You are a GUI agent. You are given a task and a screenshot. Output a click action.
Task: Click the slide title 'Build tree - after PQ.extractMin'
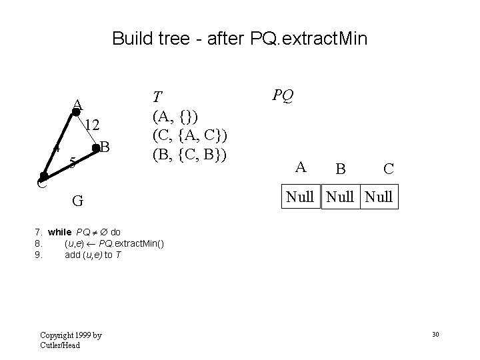coord(239,38)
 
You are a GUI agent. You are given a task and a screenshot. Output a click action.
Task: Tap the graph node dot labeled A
coord(76,112)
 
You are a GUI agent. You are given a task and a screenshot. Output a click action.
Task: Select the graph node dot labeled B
coord(97,149)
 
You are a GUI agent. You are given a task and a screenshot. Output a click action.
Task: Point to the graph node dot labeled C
coord(43,177)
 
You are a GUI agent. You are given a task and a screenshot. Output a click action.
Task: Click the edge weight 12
coord(93,125)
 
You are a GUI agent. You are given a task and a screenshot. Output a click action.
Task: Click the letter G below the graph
coord(78,201)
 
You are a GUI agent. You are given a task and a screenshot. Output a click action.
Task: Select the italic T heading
coord(158,96)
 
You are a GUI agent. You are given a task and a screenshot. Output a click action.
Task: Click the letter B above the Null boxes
coord(340,169)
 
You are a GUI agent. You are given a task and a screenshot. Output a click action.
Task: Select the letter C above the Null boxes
coord(387,169)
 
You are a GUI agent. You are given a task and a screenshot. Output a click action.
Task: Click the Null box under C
coord(378,197)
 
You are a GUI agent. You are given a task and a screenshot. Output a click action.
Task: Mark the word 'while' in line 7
coord(59,232)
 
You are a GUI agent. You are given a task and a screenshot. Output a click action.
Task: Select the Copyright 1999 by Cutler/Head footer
coord(71,339)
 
